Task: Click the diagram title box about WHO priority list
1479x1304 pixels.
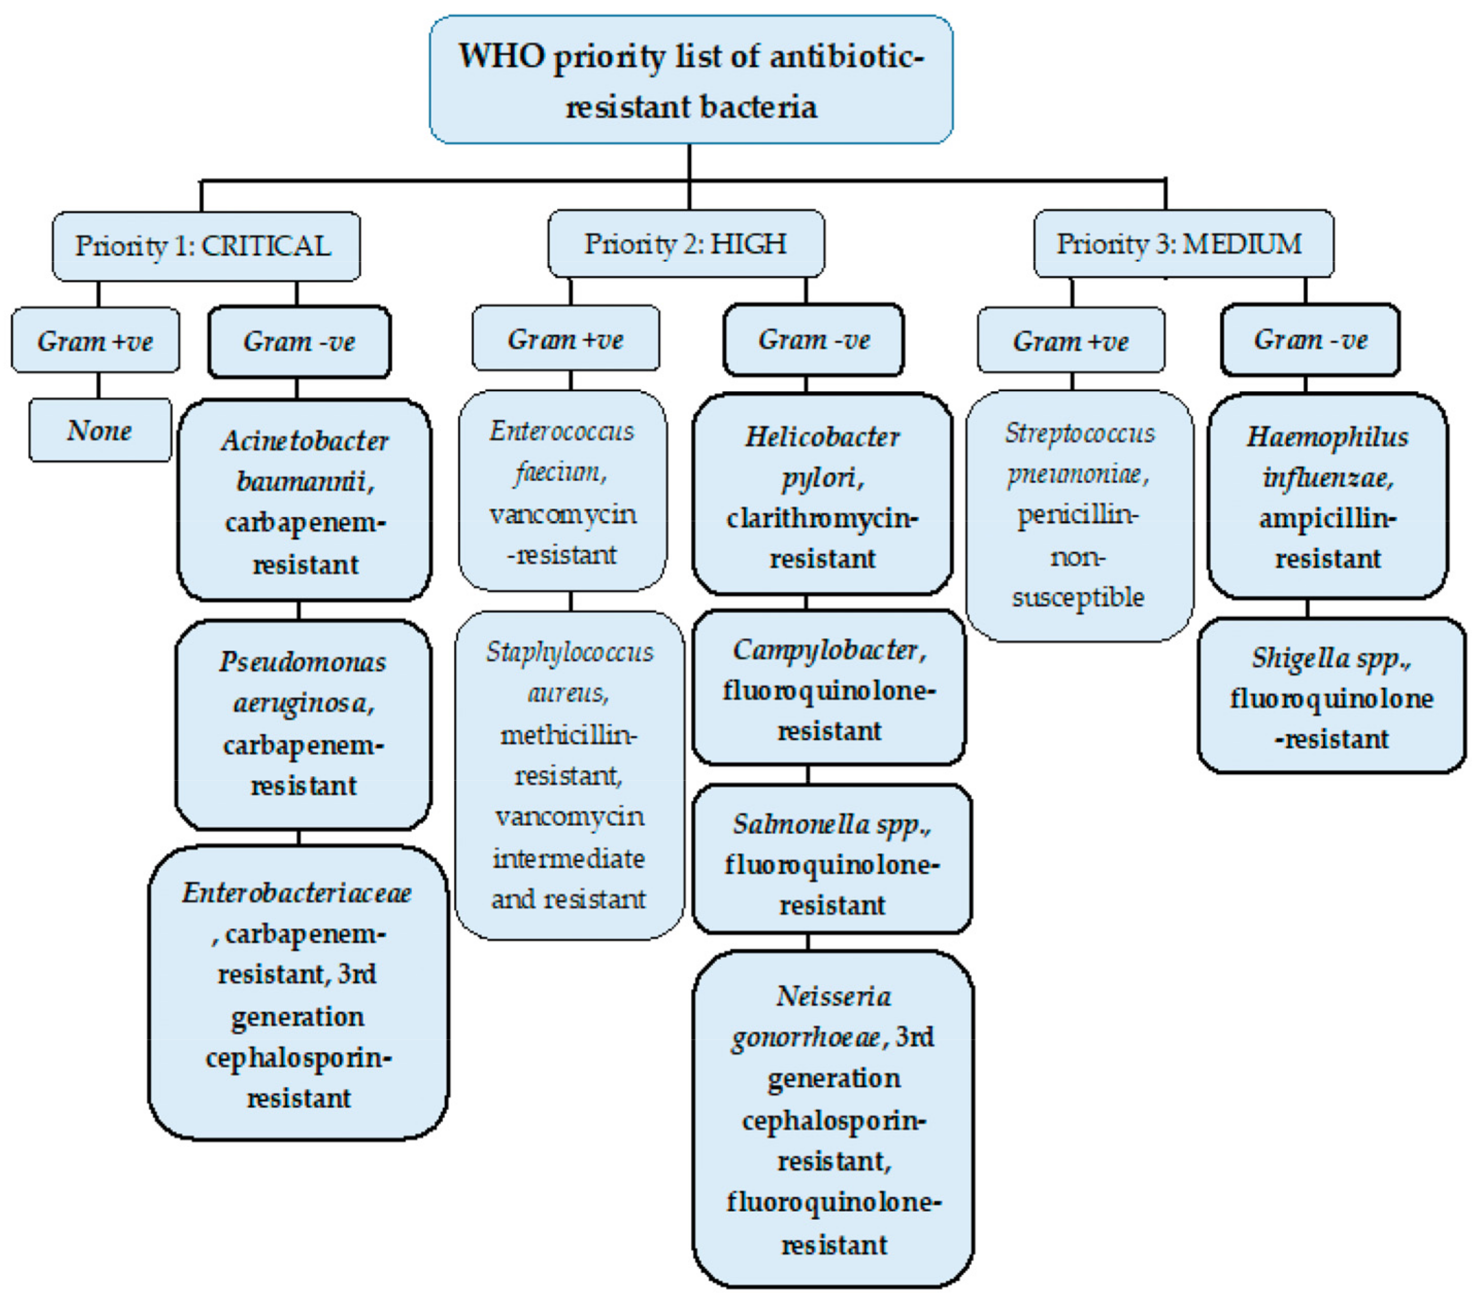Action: coord(690,79)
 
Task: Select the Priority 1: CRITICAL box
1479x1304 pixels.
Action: coord(206,246)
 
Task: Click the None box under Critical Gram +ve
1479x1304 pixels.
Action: coord(100,430)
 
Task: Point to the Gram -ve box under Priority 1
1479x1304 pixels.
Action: coord(299,341)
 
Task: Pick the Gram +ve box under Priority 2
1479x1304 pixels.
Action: coord(565,339)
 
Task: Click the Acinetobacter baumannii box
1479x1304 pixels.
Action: coord(304,500)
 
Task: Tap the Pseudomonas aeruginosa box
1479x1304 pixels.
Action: coord(303,724)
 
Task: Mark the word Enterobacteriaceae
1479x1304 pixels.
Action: coord(297,893)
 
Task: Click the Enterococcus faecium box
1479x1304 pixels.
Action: coord(562,491)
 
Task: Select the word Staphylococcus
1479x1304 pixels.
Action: coord(569,652)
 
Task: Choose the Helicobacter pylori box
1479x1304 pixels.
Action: coord(822,494)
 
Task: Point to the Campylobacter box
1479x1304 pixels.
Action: coord(828,688)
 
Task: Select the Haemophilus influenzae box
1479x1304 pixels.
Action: coord(1327,496)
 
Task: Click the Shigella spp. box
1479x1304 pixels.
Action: coord(1331,697)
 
